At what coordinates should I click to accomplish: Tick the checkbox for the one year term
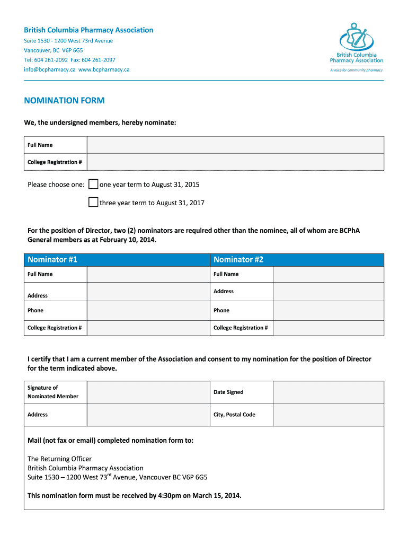[x=93, y=185]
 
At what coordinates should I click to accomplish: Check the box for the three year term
[x=93, y=202]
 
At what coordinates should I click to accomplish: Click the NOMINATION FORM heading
[x=64, y=101]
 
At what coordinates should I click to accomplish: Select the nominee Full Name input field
[x=235, y=145]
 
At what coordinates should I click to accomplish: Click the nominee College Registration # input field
[x=235, y=162]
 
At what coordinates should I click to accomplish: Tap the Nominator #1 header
[x=116, y=259]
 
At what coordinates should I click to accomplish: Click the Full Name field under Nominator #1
[x=147, y=274]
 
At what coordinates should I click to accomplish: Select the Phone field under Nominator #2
[x=328, y=310]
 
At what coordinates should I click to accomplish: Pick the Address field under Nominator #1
[x=147, y=292]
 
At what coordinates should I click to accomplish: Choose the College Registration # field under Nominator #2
[x=328, y=328]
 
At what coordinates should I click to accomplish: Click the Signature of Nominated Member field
[x=147, y=392]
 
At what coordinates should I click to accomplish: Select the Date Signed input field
[x=328, y=392]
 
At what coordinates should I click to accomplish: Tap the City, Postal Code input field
[x=328, y=415]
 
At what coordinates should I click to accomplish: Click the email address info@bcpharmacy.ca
[x=50, y=69]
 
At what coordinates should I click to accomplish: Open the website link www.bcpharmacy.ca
[x=104, y=69]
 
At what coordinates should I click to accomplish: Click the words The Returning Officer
[x=59, y=459]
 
